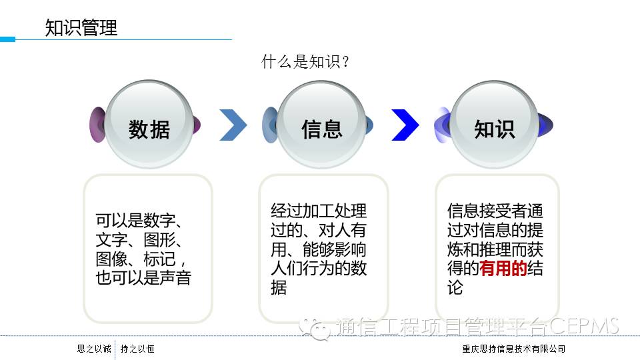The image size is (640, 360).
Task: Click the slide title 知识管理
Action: (x=81, y=28)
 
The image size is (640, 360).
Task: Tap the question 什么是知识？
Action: (x=306, y=62)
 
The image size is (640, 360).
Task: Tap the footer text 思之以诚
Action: (x=94, y=349)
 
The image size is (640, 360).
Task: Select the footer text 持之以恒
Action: (x=137, y=349)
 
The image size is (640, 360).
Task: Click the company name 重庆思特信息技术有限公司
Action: (x=514, y=349)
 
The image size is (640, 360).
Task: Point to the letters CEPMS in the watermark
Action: (x=585, y=327)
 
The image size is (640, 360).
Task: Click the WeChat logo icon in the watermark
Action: (x=315, y=327)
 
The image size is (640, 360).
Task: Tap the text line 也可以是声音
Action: (x=143, y=278)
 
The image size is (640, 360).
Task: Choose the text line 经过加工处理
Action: (x=319, y=211)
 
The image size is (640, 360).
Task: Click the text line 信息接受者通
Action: (x=495, y=211)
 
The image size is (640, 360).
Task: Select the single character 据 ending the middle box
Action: (x=279, y=288)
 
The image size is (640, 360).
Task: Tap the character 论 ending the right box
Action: (x=455, y=288)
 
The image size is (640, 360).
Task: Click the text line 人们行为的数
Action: (x=319, y=269)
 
